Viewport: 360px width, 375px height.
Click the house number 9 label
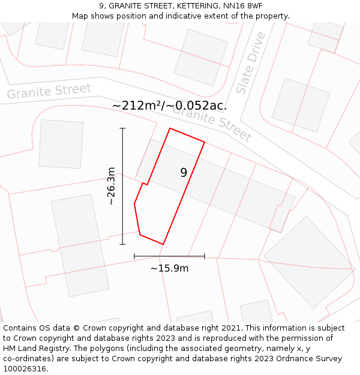point(184,173)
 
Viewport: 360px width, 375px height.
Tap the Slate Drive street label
point(251,63)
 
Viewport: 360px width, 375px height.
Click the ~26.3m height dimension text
point(111,186)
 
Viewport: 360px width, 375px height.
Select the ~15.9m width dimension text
point(169,268)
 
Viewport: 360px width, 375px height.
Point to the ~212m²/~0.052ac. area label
point(169,106)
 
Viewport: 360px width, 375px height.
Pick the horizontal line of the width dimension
point(169,256)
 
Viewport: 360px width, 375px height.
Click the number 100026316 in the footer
point(23,369)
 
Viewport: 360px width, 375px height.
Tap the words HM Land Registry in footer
point(32,349)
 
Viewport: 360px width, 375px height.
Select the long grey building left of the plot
point(80,245)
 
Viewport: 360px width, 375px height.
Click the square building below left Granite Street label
point(61,144)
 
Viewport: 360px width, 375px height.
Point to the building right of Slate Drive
point(301,105)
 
